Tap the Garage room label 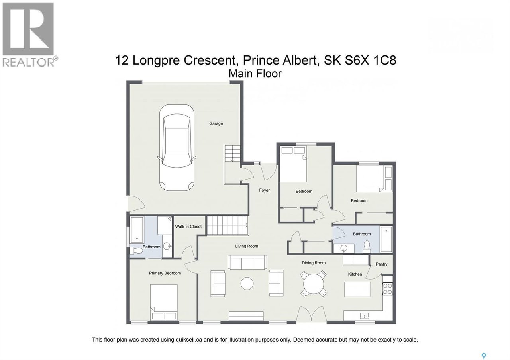click(x=216, y=123)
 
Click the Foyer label click(x=264, y=190)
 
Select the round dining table click(x=314, y=284)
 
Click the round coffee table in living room click(x=247, y=284)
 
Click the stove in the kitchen click(x=387, y=288)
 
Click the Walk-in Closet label click(x=188, y=227)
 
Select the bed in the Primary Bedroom click(x=164, y=301)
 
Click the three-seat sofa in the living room click(x=247, y=262)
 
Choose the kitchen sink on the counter click(x=365, y=316)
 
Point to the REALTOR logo click(x=28, y=34)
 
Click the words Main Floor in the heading click(x=255, y=74)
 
